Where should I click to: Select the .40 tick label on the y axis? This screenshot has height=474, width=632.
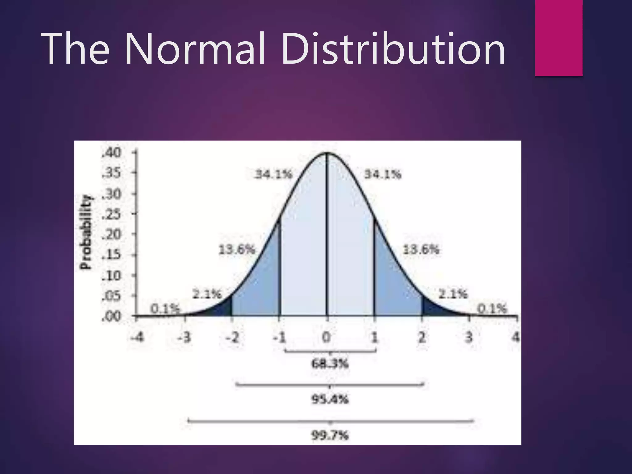112,153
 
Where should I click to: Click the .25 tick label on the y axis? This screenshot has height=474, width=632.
112,214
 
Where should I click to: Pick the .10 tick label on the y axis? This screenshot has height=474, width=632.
112,276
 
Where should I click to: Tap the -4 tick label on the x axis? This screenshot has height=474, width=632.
137,337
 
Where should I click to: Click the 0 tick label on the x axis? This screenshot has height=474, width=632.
326,337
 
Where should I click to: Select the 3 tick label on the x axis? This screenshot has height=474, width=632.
469,337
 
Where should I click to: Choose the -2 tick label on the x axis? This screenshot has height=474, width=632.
232,337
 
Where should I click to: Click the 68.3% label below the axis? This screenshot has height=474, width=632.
330,364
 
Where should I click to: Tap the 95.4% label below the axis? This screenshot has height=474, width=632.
330,400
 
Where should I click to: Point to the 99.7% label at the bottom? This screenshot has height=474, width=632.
330,436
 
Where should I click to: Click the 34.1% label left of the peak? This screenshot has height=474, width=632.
273,175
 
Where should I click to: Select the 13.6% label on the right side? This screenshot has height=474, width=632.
421,249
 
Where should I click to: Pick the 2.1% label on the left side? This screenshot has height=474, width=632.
207,294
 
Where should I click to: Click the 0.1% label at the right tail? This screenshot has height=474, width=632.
492,308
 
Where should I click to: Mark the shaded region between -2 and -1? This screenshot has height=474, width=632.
259,284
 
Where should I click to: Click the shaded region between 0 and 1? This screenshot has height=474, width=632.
350,247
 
